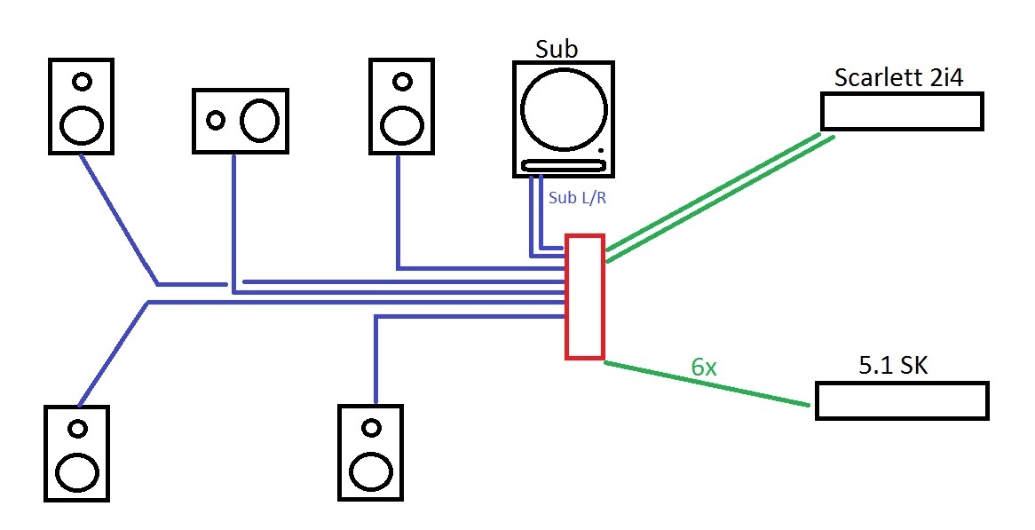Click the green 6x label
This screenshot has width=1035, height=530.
coord(704,367)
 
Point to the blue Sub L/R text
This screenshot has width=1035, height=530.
coord(577,197)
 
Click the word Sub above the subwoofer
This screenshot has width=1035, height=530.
coord(557,49)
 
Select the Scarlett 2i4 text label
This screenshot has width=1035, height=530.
coord(898,77)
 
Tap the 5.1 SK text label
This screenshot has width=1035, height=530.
coord(893,365)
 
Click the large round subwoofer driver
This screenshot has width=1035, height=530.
coord(564,109)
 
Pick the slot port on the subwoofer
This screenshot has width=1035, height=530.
coord(563,165)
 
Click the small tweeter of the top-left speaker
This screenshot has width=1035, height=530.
coord(82,82)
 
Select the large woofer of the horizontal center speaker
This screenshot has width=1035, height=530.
coord(259,120)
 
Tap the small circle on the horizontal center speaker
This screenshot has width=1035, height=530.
coord(215,120)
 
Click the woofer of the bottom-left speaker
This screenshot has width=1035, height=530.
coord(77,471)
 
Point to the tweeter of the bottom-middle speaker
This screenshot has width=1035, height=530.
coord(372,428)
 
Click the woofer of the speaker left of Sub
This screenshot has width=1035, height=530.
coord(402,125)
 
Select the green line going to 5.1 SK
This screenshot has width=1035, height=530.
coord(707,384)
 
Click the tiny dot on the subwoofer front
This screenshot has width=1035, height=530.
coord(601,151)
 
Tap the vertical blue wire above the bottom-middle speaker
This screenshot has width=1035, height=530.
coord(375,359)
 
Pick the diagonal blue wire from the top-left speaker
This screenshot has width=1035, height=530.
coord(119,219)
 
